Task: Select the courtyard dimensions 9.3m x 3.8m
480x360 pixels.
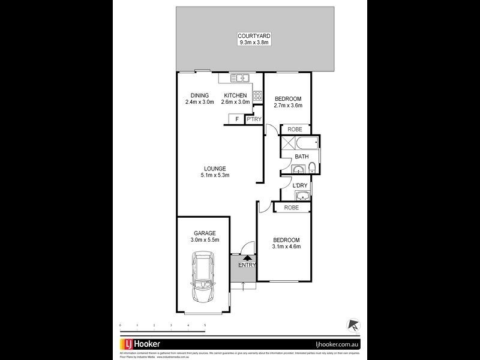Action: (252, 43)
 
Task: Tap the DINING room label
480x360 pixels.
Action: (199, 95)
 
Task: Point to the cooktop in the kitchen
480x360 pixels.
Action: (257, 95)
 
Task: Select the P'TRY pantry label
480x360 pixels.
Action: (254, 120)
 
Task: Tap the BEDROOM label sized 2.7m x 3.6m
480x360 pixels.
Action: (288, 99)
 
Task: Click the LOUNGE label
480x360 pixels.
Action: (214, 169)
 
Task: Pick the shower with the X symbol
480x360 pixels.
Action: (287, 143)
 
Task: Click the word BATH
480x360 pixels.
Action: (301, 157)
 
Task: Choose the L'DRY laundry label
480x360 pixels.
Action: (300, 185)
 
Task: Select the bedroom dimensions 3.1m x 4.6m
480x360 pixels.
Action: (286, 247)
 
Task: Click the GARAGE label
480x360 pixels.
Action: (204, 233)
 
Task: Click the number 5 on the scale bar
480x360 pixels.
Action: (205, 325)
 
